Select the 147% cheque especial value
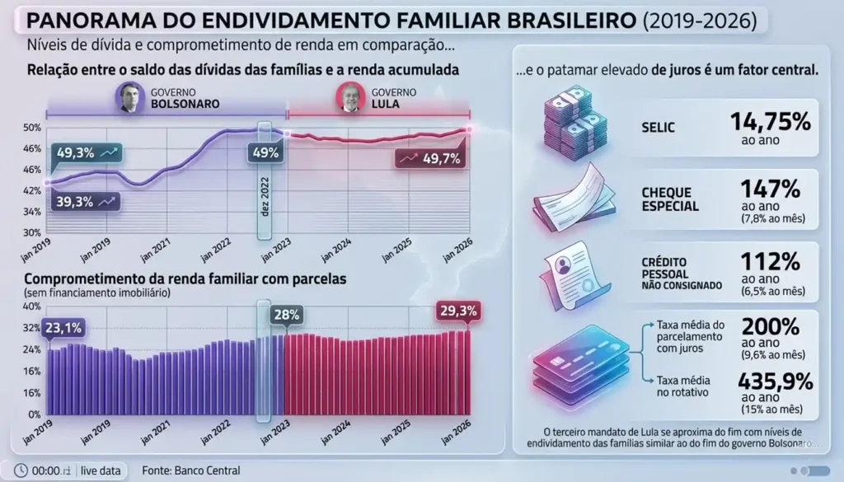pos(771,189)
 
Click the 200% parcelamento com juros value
pos(771,325)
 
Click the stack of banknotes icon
pos(574,123)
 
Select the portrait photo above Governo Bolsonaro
pos(128,97)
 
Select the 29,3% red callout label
pos(457,311)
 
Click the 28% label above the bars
pos(286,315)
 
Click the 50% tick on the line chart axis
pos(32,128)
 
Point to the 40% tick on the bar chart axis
pos(30,307)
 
